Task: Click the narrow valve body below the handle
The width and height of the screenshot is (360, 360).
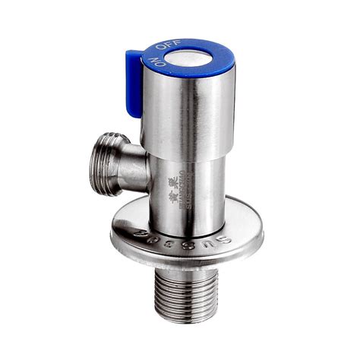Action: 190,182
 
